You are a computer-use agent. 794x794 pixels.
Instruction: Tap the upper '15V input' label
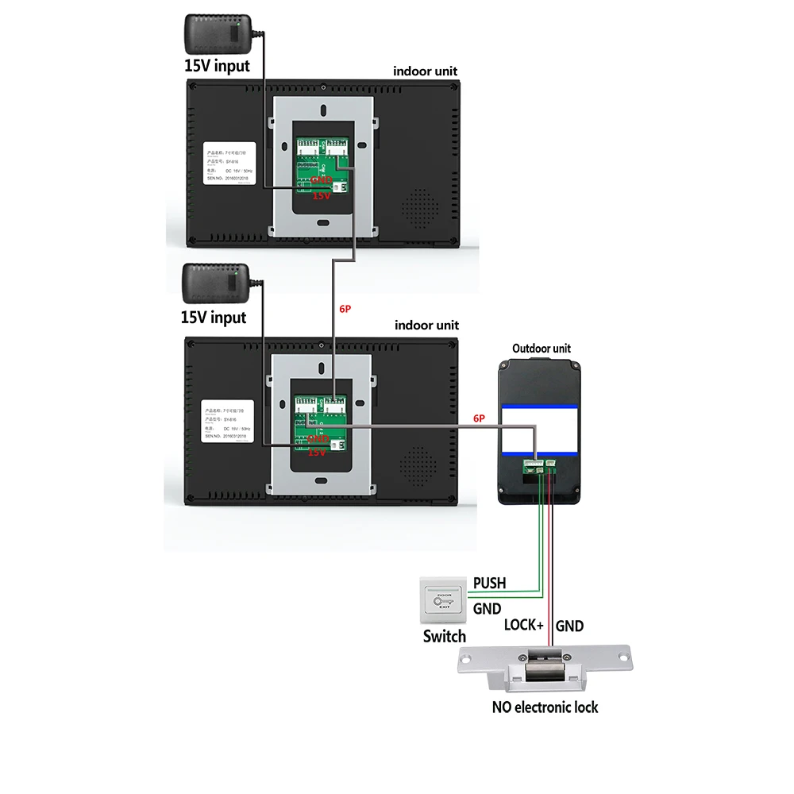(217, 66)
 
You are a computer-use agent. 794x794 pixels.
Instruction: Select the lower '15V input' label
(214, 318)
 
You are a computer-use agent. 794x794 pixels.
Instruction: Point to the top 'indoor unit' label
(426, 71)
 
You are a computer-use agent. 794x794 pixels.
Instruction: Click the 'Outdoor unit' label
(542, 348)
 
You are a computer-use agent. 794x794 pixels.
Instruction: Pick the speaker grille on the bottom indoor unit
(419, 462)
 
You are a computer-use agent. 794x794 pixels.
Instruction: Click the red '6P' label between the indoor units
(345, 309)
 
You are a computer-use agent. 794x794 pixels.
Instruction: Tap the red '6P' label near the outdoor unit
(479, 418)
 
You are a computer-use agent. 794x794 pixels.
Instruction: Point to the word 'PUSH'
(489, 584)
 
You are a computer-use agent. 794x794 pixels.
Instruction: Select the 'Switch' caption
(445, 636)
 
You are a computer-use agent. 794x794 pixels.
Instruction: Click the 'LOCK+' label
(524, 626)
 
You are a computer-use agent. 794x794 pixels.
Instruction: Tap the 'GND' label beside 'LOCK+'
(569, 626)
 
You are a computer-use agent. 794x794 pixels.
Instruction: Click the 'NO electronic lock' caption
(545, 707)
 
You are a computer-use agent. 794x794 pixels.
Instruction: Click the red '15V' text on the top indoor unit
(321, 195)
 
